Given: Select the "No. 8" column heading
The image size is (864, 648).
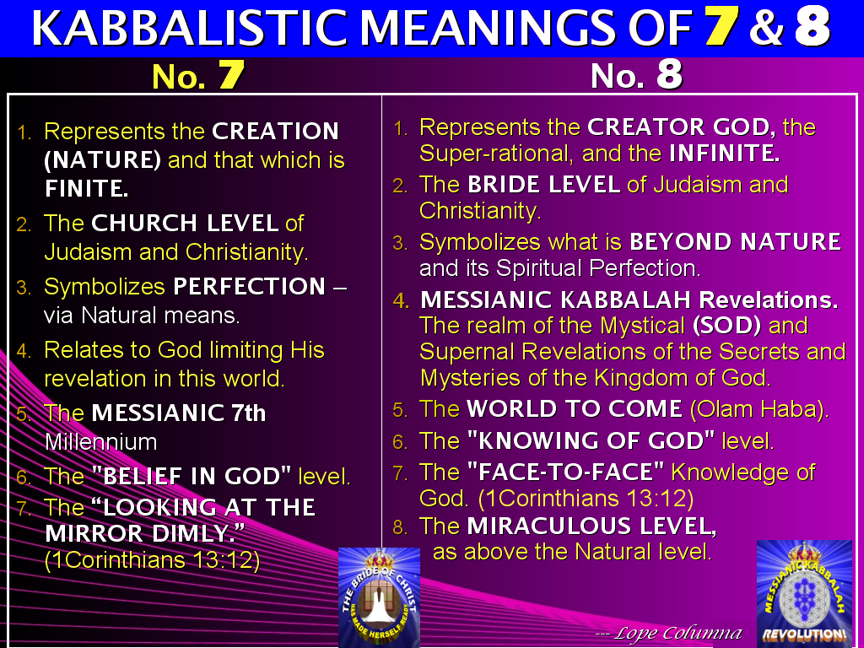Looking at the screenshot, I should pos(636,76).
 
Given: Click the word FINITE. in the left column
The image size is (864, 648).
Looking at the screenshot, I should pos(87,188).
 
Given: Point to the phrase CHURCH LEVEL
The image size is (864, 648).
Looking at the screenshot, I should pos(185,224).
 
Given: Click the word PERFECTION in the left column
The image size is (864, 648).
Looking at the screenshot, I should pos(249,286).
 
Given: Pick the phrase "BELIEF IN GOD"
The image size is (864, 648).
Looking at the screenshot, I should pos(196,476).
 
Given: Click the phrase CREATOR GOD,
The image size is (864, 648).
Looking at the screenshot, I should pos(682,127).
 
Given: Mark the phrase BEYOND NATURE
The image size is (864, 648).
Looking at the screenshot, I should pos(735,242).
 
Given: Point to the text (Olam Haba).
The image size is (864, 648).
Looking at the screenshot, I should pos(759,409).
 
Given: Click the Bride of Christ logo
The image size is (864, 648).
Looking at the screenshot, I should pos(379,597).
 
